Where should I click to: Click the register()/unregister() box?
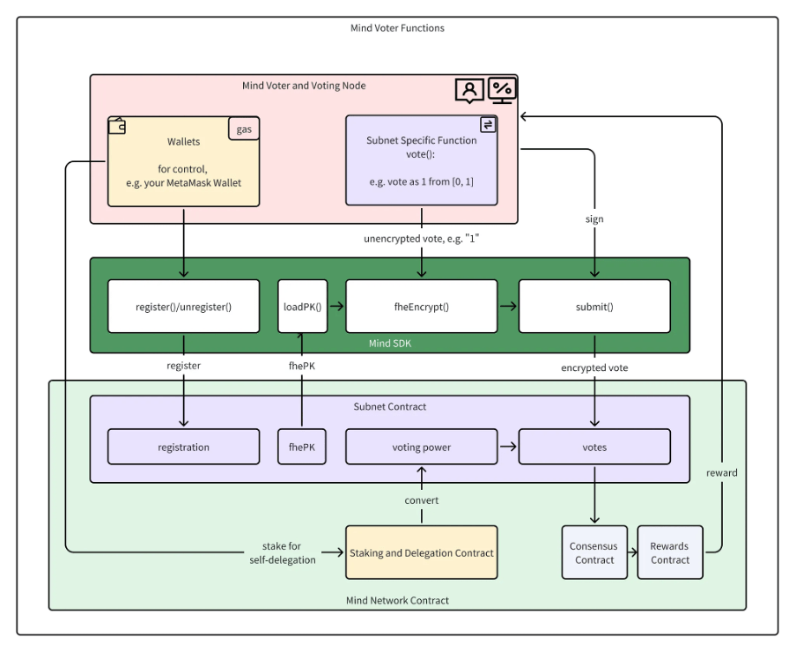(183, 307)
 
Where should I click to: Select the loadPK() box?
(302, 307)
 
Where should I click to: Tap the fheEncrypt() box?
(422, 307)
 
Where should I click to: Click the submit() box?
(594, 307)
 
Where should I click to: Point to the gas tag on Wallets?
(244, 129)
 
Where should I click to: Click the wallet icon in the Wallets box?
(117, 126)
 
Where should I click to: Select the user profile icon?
(469, 91)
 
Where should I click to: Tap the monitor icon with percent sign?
(502, 90)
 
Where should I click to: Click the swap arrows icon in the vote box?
(488, 124)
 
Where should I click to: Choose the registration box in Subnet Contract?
(183, 447)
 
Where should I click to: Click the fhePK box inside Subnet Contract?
(301, 447)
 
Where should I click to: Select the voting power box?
(422, 447)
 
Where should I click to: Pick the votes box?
(594, 447)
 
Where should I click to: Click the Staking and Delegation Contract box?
(422, 552)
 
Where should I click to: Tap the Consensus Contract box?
(594, 552)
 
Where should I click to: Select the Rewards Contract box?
(670, 552)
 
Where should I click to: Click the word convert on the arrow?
(422, 500)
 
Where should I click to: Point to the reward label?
(721, 473)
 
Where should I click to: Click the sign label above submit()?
(594, 219)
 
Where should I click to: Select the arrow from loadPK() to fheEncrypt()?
(336, 307)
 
